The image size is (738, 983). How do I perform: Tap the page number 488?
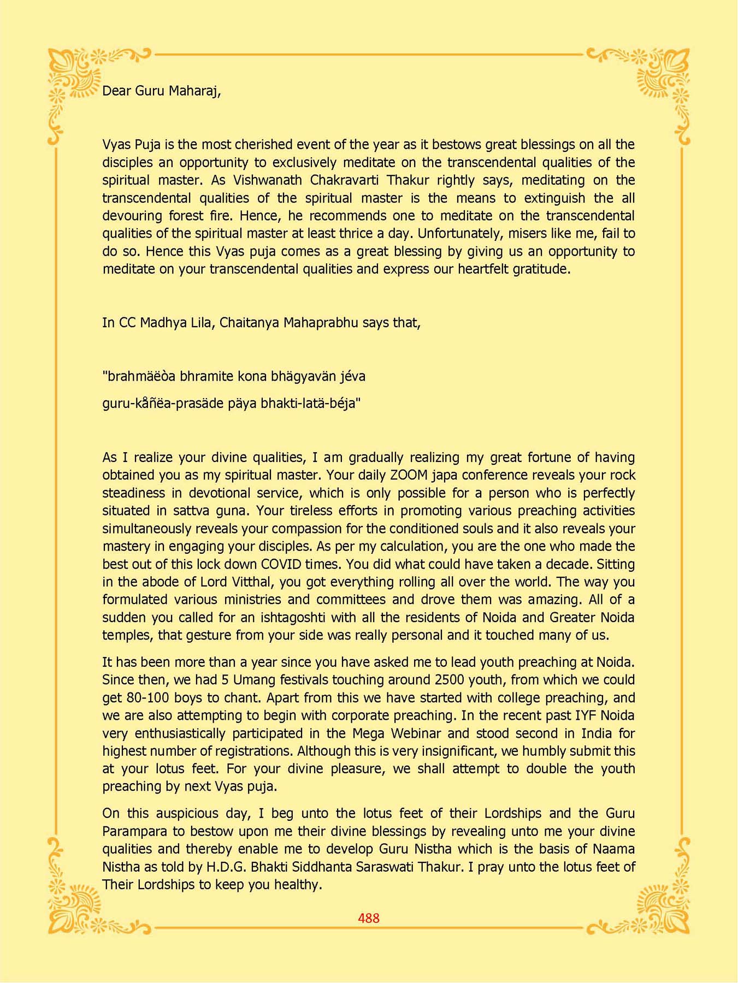coord(369,918)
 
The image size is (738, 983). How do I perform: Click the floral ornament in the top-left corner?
coord(76,76)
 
